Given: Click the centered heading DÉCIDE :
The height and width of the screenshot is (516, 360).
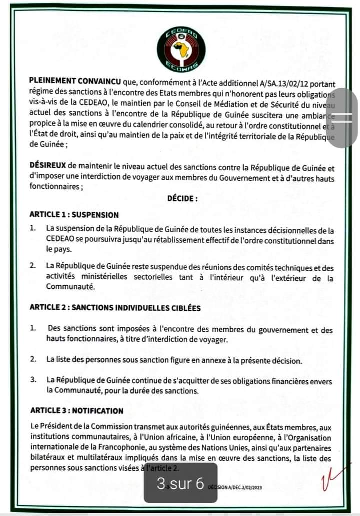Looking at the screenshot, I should pos(182,198).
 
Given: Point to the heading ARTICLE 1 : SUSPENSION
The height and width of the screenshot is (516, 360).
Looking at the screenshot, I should pos(74,215).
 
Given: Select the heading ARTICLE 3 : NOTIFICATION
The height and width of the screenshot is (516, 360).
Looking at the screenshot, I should pos(77,411).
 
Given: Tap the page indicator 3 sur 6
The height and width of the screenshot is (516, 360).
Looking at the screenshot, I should pos(180,483).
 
